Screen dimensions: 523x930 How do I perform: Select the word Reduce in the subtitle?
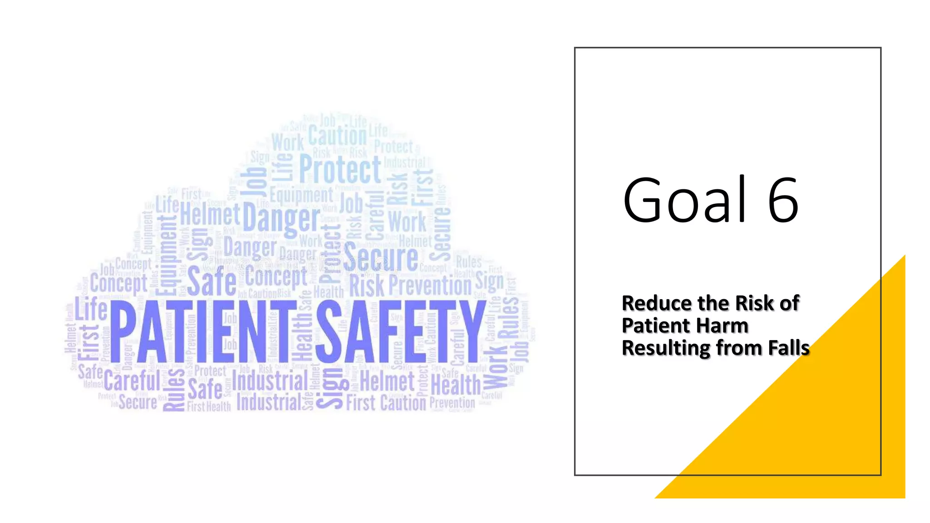pyautogui.click(x=649, y=303)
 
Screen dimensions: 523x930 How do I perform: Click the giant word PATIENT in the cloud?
pyautogui.click(x=200, y=331)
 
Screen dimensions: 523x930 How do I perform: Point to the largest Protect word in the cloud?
pyautogui.click(x=340, y=169)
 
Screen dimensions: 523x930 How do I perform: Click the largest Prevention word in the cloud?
pyautogui.click(x=430, y=286)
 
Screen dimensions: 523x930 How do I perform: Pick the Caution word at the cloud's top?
pyautogui.click(x=337, y=135)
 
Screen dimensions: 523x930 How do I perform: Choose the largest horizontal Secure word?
pyautogui.click(x=381, y=258)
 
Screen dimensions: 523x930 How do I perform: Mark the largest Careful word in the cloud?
pyautogui.click(x=132, y=380)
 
